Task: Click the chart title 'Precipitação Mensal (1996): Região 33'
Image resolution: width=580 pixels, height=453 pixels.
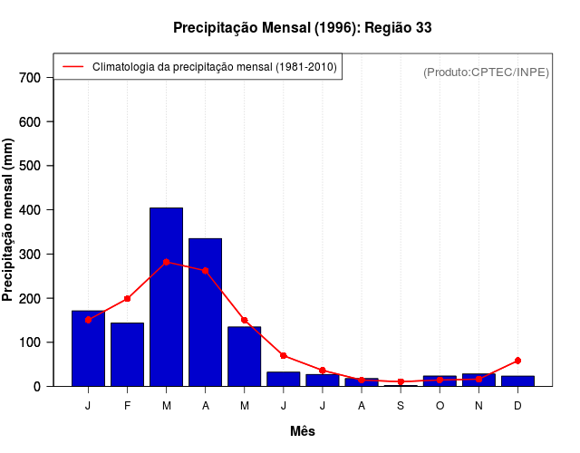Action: [302, 28]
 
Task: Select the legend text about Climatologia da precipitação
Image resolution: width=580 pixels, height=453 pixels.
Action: [215, 67]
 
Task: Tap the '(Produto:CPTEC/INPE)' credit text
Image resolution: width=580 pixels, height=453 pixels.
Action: [486, 72]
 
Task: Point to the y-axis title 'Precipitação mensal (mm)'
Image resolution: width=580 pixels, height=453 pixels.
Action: [9, 220]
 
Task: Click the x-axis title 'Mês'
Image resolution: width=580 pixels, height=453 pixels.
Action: [303, 431]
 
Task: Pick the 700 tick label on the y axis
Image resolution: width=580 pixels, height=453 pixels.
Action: [30, 78]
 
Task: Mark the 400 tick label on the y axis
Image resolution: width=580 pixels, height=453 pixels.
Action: [30, 210]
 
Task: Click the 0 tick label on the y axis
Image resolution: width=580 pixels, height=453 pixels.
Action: [37, 387]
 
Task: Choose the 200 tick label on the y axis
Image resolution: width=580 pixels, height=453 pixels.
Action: [30, 298]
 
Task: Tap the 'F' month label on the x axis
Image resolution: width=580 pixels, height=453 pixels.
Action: [127, 405]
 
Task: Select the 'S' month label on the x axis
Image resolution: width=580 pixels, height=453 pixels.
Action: [401, 405]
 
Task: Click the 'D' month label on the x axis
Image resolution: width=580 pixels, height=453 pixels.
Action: [517, 405]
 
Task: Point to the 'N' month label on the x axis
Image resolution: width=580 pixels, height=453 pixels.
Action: [478, 405]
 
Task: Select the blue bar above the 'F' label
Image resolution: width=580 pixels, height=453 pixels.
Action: [127, 353]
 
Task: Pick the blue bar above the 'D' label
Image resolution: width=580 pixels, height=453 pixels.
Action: [517, 381]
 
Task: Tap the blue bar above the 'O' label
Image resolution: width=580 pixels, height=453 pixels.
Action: [440, 381]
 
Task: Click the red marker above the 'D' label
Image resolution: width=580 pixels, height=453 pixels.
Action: [517, 361]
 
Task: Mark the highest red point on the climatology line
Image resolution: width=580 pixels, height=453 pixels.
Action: [166, 262]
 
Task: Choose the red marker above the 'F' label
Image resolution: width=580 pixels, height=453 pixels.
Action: [127, 298]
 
